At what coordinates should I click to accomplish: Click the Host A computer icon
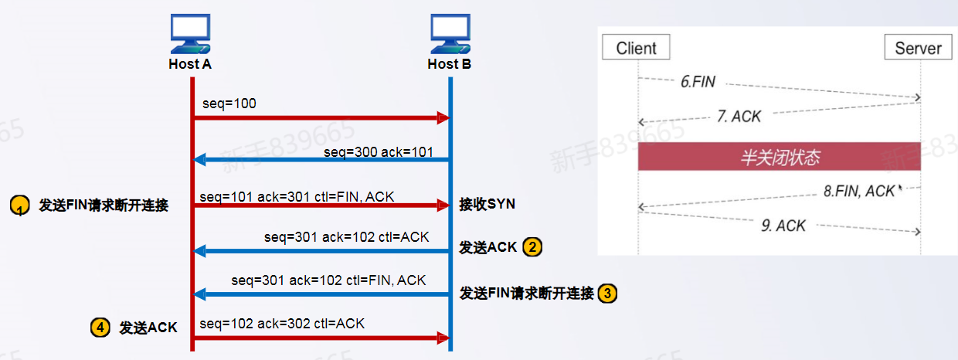(190, 33)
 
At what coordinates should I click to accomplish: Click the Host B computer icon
(450, 33)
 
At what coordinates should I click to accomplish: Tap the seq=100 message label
(229, 104)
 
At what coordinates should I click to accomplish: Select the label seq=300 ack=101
(379, 151)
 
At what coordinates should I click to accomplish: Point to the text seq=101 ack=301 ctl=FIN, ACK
(297, 197)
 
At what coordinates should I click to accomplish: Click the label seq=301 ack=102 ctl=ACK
(346, 237)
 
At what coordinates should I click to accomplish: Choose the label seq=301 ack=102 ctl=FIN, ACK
(328, 280)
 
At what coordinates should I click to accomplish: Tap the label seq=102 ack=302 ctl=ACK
(282, 323)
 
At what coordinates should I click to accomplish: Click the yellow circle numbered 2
(532, 247)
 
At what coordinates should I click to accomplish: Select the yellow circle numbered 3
(607, 294)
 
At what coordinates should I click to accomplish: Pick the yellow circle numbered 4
(100, 328)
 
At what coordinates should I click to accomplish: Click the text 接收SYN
(487, 204)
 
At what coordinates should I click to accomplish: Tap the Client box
(636, 47)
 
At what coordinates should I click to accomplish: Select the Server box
(918, 47)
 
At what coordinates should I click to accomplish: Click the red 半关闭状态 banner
(780, 157)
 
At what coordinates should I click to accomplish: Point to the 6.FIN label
(698, 81)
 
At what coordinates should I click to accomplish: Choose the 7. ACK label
(739, 117)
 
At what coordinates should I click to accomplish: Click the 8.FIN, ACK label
(859, 191)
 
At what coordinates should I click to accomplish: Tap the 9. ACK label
(783, 226)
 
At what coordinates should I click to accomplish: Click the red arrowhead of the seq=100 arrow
(443, 117)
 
